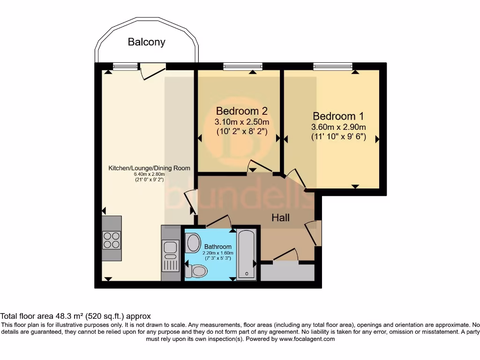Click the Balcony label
[147, 42]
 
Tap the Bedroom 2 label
[241, 111]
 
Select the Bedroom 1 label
[338, 116]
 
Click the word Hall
[281, 217]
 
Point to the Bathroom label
[217, 247]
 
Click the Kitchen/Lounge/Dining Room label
[150, 168]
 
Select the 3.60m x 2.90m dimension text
[338, 127]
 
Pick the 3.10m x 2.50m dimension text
[241, 122]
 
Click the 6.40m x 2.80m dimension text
[150, 174]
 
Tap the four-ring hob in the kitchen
[112, 240]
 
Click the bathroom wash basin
[193, 242]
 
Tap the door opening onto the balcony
[153, 70]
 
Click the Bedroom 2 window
[242, 66]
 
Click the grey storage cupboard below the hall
[287, 272]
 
